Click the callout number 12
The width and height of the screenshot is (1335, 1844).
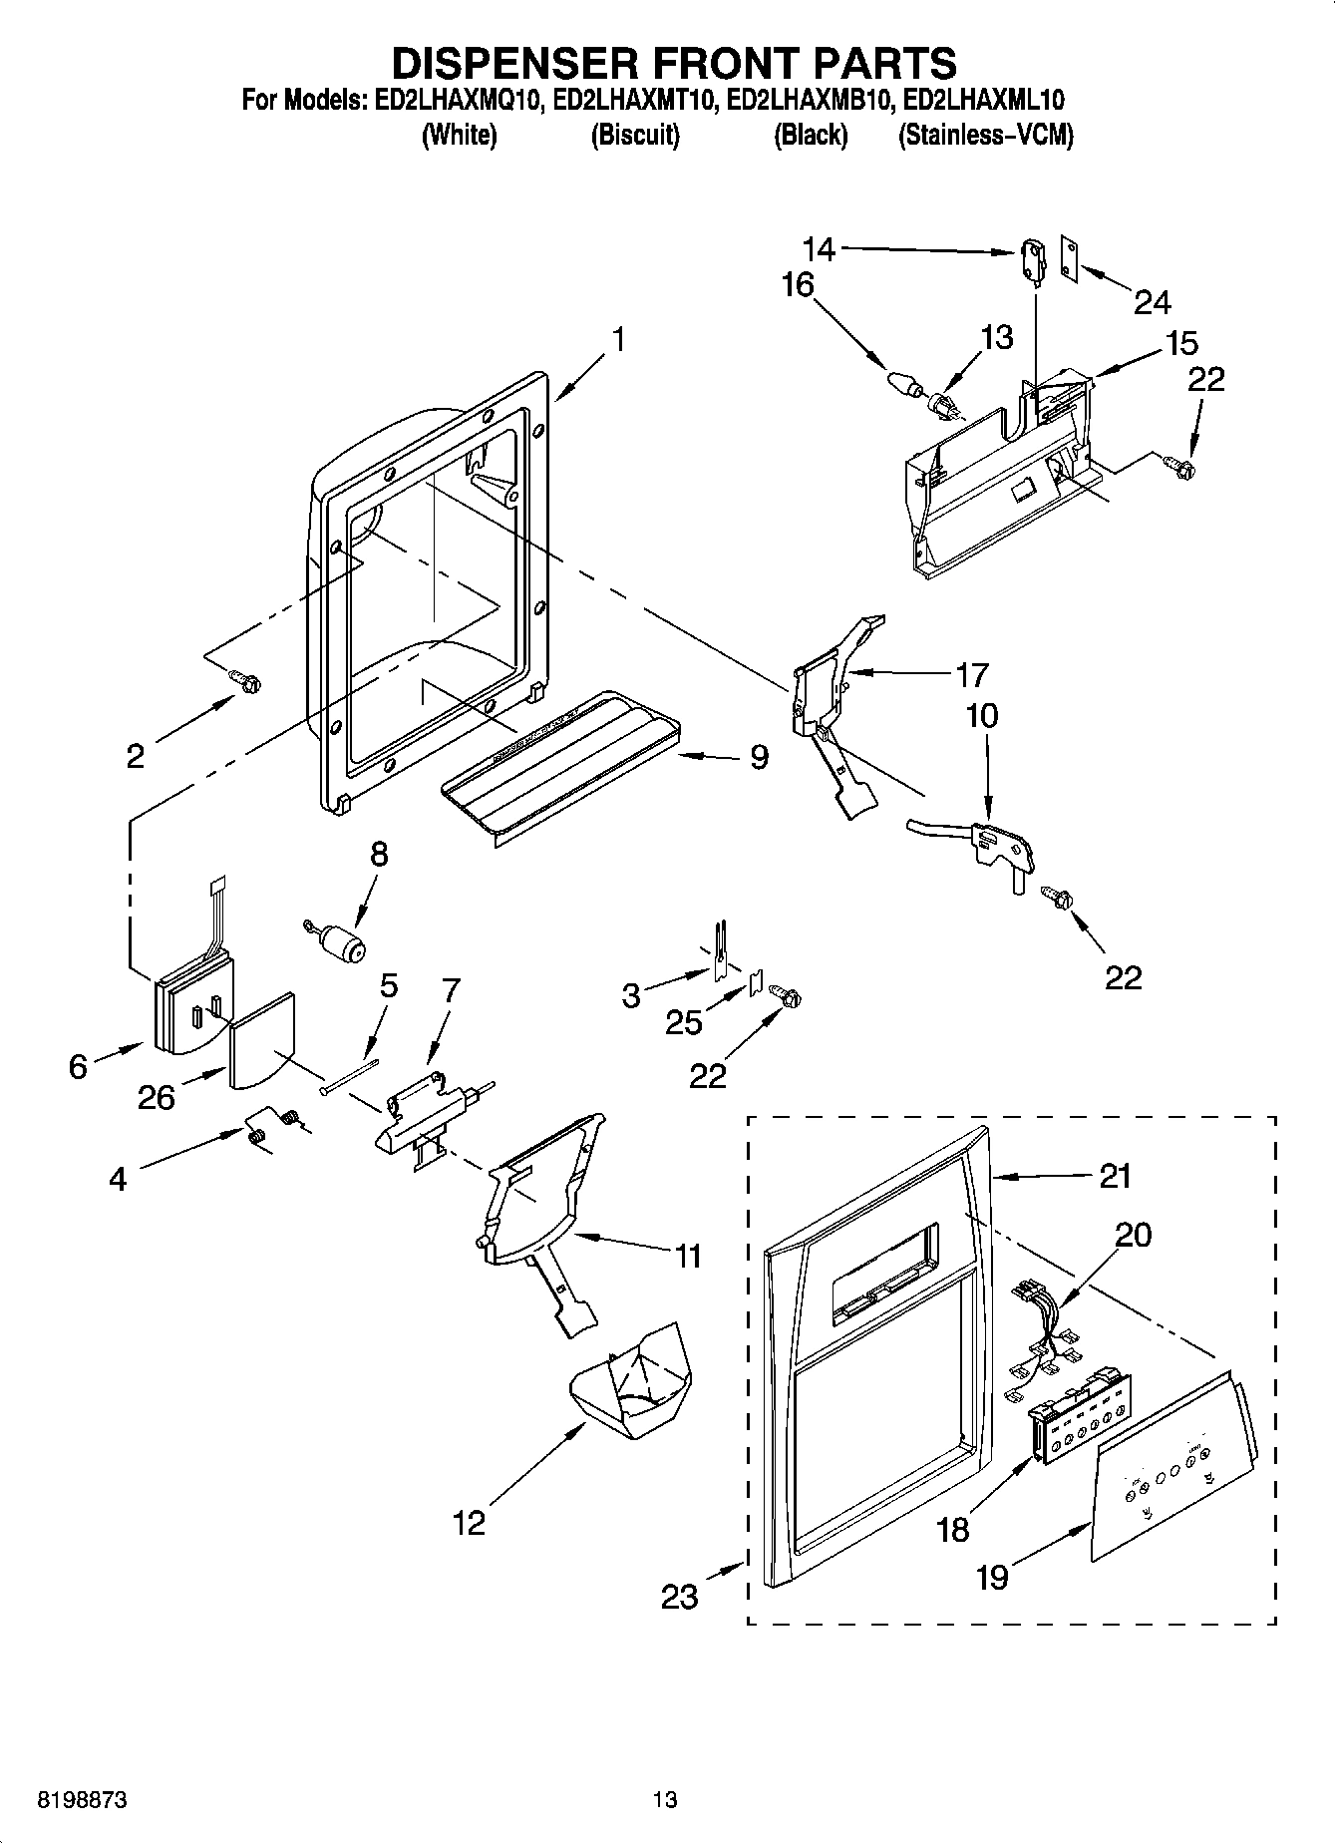[469, 1522]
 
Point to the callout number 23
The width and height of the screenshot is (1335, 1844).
[680, 1597]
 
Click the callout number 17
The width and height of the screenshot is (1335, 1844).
[971, 675]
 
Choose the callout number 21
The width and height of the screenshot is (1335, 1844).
[1115, 1176]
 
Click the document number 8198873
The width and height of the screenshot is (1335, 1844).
[83, 1799]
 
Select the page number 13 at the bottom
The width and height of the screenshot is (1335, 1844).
[665, 1799]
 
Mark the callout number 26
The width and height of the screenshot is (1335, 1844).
[157, 1097]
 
